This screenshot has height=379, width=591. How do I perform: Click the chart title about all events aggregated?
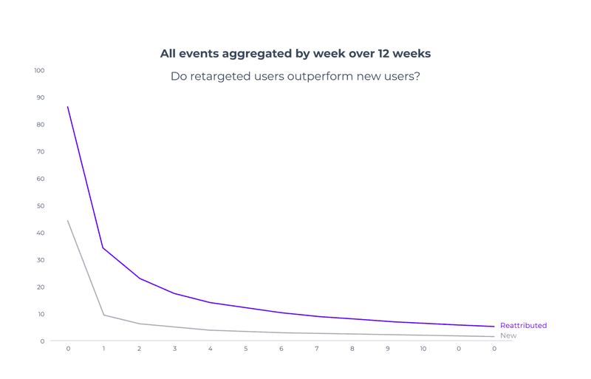click(x=295, y=53)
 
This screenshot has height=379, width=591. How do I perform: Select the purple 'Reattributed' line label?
click(x=523, y=326)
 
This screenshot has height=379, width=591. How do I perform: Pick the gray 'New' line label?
click(x=508, y=336)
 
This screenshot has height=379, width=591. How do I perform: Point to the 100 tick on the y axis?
click(x=39, y=71)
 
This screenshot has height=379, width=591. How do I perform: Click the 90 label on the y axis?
click(x=40, y=98)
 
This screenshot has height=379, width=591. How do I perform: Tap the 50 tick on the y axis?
click(x=40, y=206)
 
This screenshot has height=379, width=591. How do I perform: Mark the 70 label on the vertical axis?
click(x=40, y=152)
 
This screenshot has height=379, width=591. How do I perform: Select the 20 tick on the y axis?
click(x=40, y=287)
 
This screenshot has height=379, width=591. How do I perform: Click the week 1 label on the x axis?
click(x=103, y=349)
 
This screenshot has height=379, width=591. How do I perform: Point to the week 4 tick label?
click(x=211, y=349)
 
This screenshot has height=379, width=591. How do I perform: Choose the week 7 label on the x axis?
click(x=317, y=349)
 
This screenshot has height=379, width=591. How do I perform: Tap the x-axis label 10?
click(x=423, y=349)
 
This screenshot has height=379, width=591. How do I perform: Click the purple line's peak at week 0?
click(x=68, y=107)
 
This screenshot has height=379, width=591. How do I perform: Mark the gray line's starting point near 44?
click(x=68, y=220)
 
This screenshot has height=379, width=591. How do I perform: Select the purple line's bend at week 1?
click(x=103, y=248)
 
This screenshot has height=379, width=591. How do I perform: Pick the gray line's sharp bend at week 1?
click(x=103, y=315)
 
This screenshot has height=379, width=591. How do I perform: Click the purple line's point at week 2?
click(x=139, y=279)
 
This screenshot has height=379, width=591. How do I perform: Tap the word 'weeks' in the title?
click(x=413, y=53)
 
